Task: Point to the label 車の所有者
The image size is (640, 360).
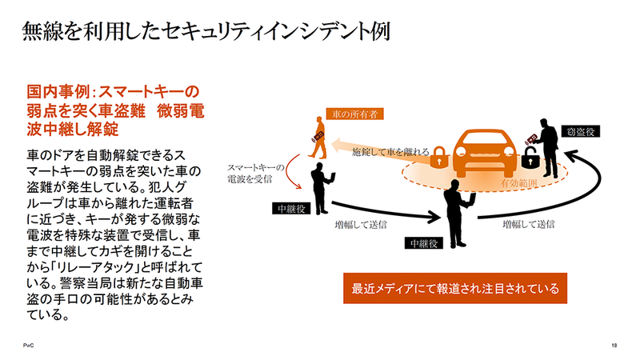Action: click(x=354, y=114)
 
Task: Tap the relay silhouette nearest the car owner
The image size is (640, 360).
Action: click(x=322, y=186)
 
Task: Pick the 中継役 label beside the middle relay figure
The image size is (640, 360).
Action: click(x=424, y=242)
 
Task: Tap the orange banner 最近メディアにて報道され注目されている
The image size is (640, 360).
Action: click(x=455, y=286)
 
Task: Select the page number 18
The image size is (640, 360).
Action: click(x=612, y=344)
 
